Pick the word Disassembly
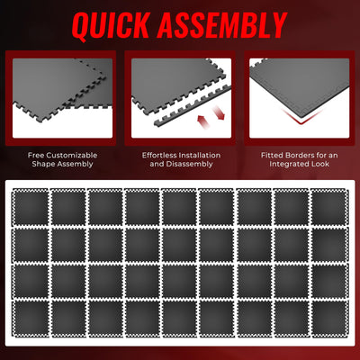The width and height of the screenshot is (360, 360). pyautogui.click(x=189, y=166)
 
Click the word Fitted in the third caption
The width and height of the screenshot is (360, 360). pyautogui.click(x=271, y=154)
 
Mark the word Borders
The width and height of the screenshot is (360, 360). pyautogui.click(x=301, y=154)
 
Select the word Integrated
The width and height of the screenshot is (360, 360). pyautogui.click(x=289, y=166)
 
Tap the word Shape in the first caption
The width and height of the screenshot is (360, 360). pyautogui.click(x=41, y=166)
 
